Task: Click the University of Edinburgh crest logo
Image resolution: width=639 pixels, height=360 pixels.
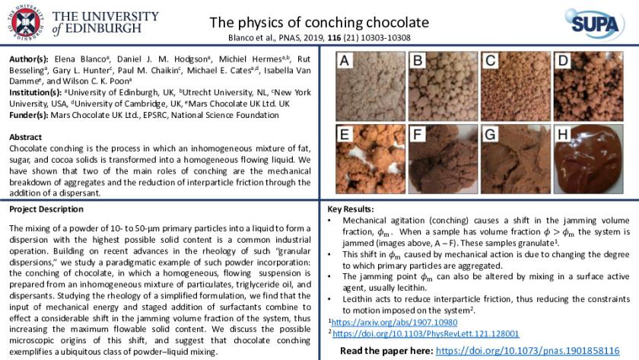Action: [x=25, y=22]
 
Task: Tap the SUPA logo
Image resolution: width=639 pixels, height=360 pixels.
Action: [x=594, y=24]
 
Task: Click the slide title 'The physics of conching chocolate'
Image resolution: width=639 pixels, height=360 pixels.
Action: [x=319, y=22]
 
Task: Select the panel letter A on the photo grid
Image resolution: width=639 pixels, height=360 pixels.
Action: [x=345, y=60]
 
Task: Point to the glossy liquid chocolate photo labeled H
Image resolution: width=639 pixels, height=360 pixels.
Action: [x=589, y=159]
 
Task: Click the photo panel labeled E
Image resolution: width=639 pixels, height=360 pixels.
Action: [x=370, y=159]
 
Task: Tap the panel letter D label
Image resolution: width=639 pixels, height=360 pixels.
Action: [x=563, y=60]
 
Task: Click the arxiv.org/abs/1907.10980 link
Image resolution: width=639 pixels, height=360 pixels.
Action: [x=394, y=323]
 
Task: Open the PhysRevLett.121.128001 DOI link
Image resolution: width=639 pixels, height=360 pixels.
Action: [x=426, y=334]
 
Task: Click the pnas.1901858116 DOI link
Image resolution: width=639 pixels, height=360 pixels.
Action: [x=528, y=351]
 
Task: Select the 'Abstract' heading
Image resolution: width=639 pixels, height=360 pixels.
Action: [x=25, y=137]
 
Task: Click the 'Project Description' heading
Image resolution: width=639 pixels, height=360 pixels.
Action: [x=46, y=209]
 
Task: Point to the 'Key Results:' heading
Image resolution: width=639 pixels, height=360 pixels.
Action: [x=351, y=209]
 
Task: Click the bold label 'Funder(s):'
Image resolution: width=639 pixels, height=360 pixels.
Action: [x=29, y=116]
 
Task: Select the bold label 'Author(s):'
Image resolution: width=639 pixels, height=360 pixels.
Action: [x=29, y=59]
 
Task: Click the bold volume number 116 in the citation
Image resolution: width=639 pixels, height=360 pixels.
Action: [x=334, y=38]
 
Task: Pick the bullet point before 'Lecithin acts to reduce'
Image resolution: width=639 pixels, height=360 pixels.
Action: [x=329, y=299]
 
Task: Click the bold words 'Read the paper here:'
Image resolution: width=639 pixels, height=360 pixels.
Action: [x=386, y=351]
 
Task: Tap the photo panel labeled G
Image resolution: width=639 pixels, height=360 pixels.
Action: [x=516, y=159]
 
